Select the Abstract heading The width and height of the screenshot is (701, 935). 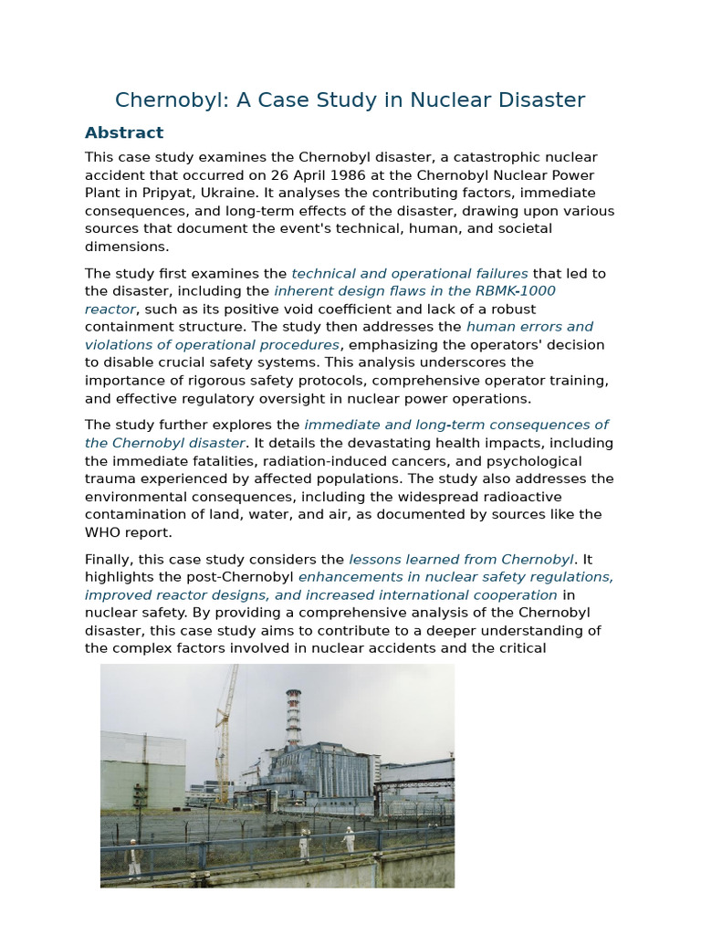[x=124, y=132]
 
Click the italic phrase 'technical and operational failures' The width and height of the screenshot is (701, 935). [x=410, y=273]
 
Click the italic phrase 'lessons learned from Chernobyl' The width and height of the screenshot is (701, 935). [x=461, y=559]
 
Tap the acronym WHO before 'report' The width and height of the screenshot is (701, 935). [x=103, y=532]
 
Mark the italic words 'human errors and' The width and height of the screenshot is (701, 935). [x=529, y=327]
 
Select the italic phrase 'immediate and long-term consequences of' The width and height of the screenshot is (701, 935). [x=456, y=425]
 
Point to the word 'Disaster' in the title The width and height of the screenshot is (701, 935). [x=542, y=100]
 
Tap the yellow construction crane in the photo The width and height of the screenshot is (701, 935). [x=224, y=730]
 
